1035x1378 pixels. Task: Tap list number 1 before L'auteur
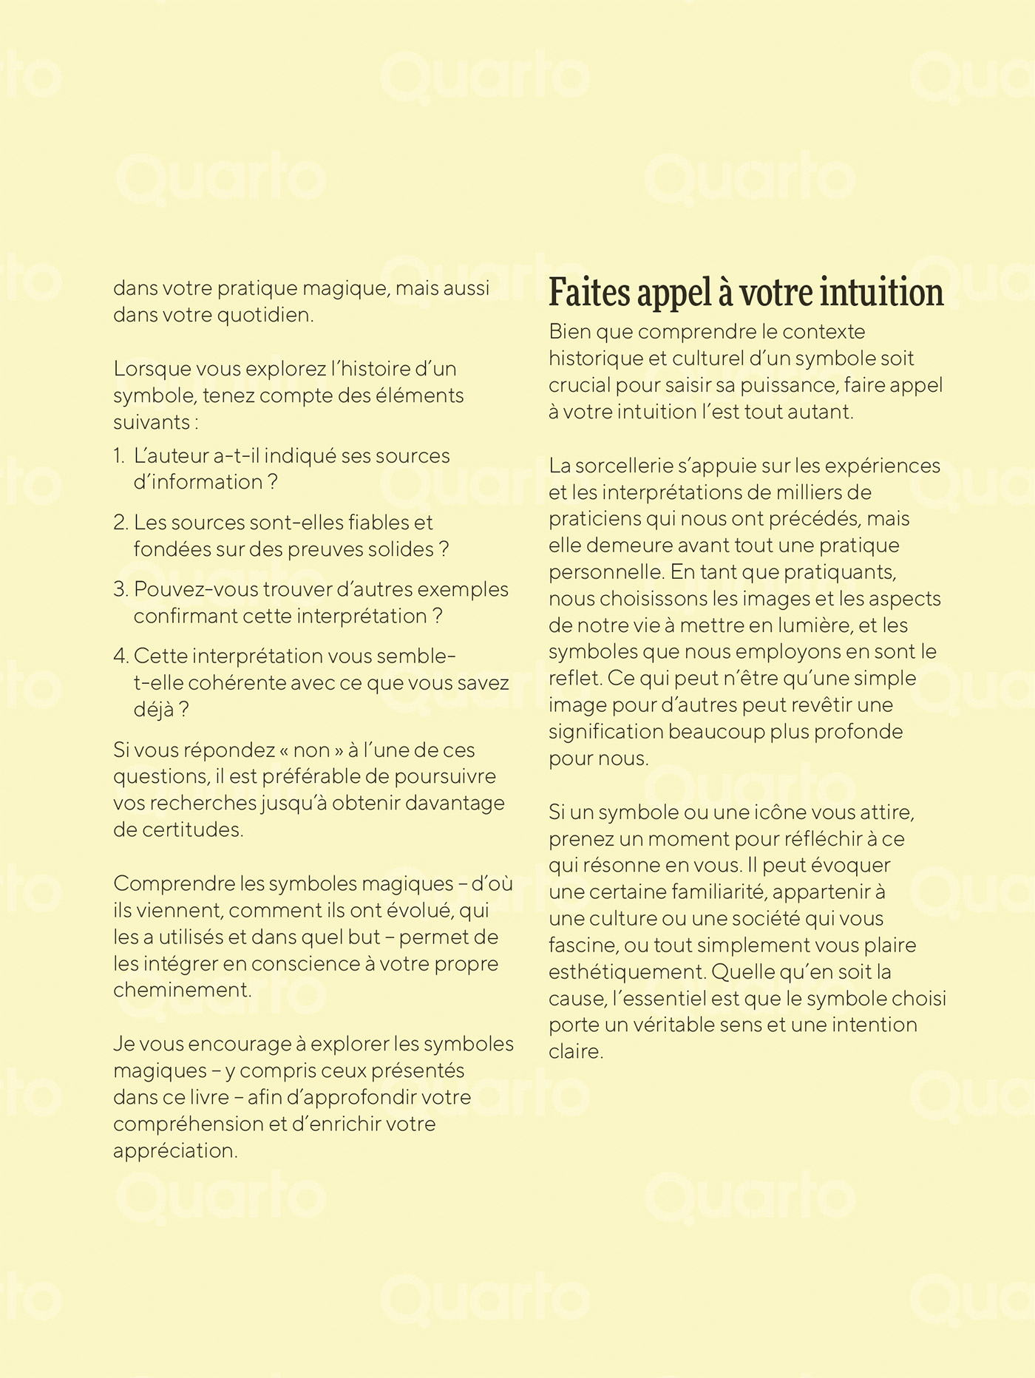119,455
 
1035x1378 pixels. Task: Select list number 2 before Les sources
121,523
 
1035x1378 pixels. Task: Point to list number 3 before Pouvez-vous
121,590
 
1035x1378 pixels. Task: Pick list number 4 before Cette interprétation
121,656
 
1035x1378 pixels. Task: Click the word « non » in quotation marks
310,750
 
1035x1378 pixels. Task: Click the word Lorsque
149,368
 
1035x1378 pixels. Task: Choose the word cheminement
182,991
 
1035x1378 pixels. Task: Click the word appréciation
174,1151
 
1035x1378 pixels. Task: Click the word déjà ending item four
154,710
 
